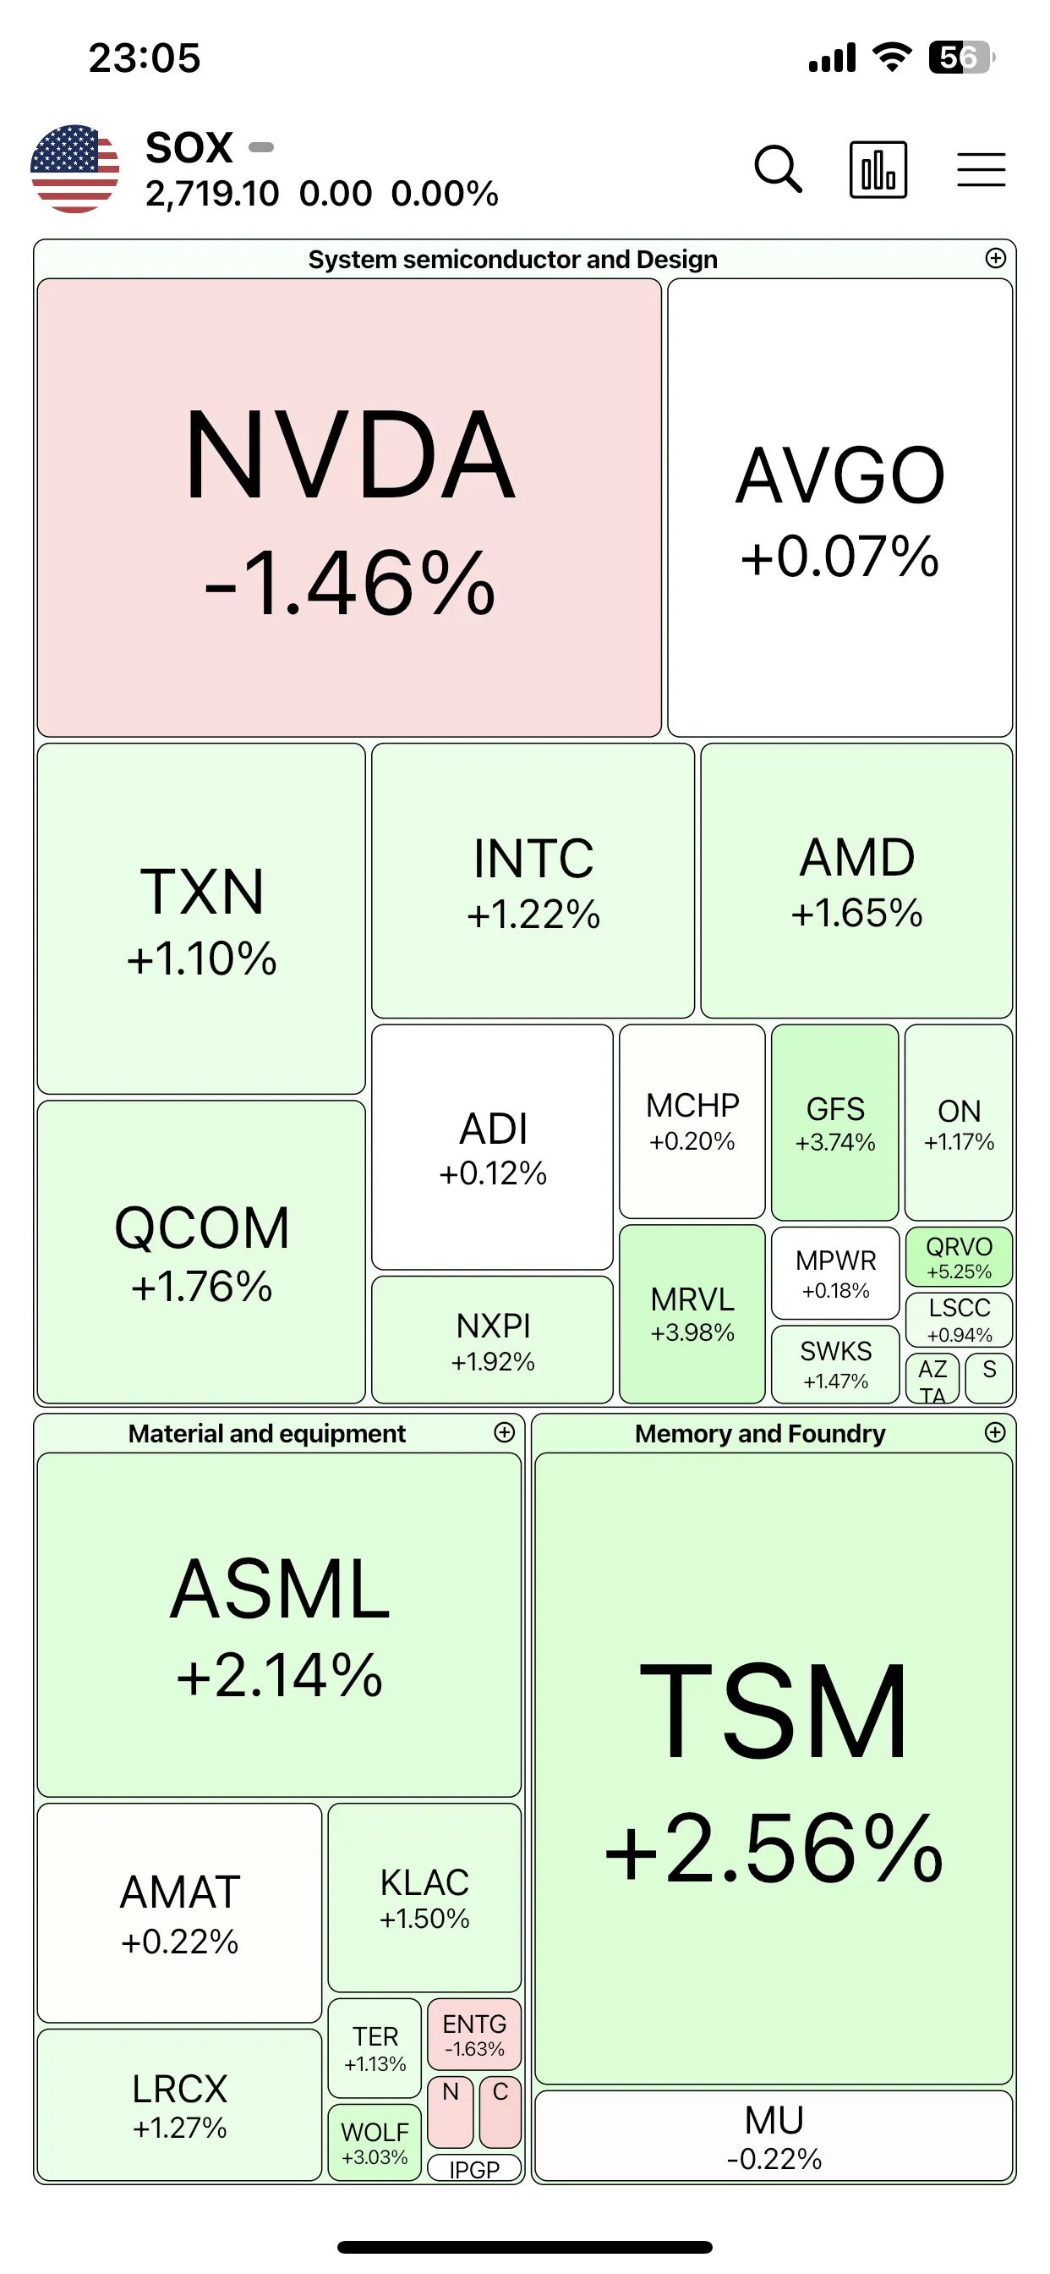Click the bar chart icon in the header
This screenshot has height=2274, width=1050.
point(878,169)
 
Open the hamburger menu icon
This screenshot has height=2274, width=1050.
point(982,169)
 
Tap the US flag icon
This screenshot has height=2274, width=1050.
point(75,168)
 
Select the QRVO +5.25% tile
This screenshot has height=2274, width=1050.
point(959,1257)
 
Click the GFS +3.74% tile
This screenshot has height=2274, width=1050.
point(834,1122)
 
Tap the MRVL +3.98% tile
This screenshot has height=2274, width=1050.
point(692,1314)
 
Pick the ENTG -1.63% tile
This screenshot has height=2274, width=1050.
point(475,2034)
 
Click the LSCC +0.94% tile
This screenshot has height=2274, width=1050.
point(959,1320)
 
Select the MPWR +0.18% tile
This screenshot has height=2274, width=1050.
point(835,1273)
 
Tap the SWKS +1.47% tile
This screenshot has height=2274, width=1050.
point(835,1364)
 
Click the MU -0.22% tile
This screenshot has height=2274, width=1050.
point(774,2135)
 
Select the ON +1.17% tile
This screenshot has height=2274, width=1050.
point(959,1122)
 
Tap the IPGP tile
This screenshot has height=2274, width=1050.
point(475,2168)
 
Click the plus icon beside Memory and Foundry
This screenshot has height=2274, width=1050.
point(995,1432)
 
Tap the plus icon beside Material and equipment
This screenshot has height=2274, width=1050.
point(504,1432)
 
